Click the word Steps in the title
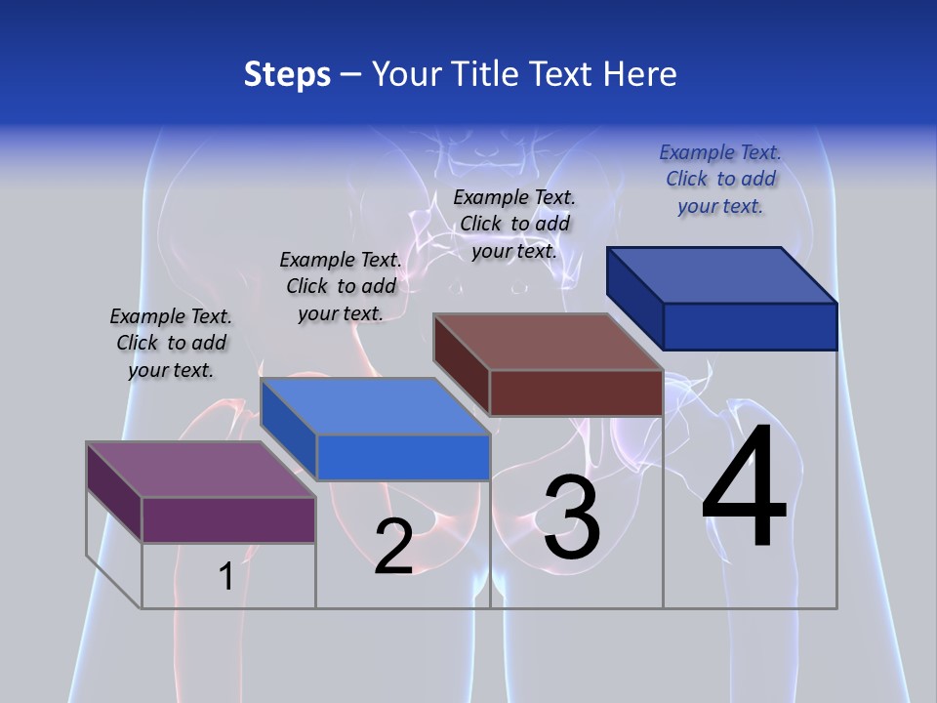(x=287, y=74)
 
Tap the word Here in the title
(x=641, y=74)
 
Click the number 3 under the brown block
(x=572, y=517)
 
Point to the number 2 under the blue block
(x=393, y=547)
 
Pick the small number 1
(x=225, y=577)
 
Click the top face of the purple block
(x=201, y=469)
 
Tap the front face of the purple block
(x=228, y=519)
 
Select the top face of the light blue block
(x=375, y=405)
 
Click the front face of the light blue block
(x=403, y=457)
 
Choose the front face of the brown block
(x=576, y=393)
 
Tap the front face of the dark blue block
(x=750, y=326)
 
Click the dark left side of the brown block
(x=461, y=364)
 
